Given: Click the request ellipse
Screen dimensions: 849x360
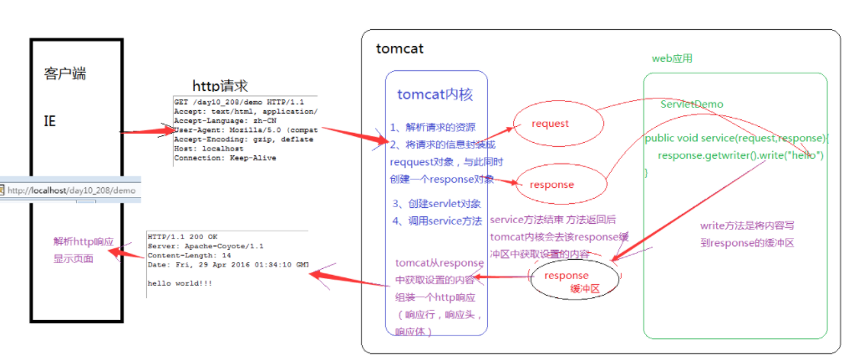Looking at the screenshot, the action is point(557,124).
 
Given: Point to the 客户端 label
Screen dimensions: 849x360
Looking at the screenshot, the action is point(65,74).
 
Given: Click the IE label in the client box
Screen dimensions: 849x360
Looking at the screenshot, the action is point(50,122).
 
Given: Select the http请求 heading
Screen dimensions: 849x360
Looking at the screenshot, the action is point(221,85).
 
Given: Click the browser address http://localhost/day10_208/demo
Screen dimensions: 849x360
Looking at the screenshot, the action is point(71,190).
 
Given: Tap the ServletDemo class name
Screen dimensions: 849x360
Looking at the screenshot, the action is point(692,104).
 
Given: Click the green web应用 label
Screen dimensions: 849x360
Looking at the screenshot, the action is point(672,58).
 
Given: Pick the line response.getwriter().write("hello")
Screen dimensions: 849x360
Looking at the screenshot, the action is point(740,155).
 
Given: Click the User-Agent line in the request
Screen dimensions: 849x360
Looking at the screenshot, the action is point(242,130).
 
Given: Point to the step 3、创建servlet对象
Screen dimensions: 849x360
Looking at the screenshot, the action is point(436,204).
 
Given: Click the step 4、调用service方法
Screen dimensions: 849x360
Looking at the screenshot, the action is point(437,221).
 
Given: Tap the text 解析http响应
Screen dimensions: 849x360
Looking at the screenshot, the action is point(83,242).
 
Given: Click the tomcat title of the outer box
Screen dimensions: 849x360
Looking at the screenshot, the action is point(399,48).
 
